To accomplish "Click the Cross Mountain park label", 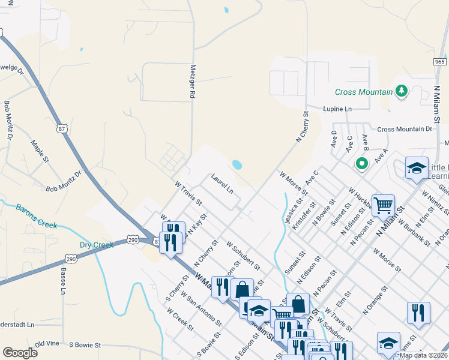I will click(363, 92).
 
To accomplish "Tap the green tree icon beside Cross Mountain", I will click(402, 91).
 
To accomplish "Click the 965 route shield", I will click(439, 62).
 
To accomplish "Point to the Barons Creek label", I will click(36, 216).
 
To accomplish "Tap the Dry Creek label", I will click(97, 245).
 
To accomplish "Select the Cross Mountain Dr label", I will click(405, 129).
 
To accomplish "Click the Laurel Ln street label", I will click(222, 183).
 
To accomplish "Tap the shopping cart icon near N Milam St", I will click(383, 205).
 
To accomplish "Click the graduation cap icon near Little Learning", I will click(417, 168).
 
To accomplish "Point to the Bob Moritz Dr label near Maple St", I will click(64, 182).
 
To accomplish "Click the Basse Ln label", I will click(62, 281).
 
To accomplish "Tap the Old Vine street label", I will click(48, 344).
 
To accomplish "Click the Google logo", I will click(20, 353).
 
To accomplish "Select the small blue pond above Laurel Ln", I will click(237, 164).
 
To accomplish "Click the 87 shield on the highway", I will click(62, 128).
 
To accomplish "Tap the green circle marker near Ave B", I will click(361, 163).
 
